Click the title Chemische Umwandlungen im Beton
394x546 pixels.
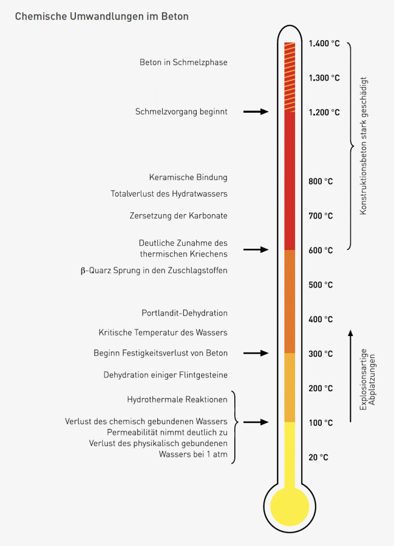click(x=102, y=16)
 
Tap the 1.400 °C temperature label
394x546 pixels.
click(x=324, y=44)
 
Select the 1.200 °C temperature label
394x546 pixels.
click(x=324, y=112)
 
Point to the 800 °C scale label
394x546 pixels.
click(x=321, y=181)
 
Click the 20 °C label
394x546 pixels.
click(x=318, y=457)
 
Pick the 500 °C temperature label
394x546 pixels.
click(x=321, y=285)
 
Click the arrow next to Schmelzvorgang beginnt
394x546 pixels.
click(x=256, y=112)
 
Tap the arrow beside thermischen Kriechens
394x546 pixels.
click(x=256, y=250)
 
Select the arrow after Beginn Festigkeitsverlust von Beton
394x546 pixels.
click(x=256, y=353)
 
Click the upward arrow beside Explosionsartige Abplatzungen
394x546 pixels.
click(x=350, y=376)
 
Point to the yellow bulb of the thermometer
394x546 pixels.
click(x=290, y=507)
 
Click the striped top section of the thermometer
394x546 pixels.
click(x=290, y=77)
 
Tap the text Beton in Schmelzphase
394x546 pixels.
click(x=183, y=62)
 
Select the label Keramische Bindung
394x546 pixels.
click(x=188, y=177)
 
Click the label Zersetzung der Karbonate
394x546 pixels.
click(x=178, y=215)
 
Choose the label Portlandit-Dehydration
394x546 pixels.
click(x=185, y=313)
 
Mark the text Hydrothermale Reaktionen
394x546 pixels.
click(x=177, y=399)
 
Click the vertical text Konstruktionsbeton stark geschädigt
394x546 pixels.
click(x=364, y=146)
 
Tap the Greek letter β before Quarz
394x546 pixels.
click(x=83, y=271)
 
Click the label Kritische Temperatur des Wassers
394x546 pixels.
click(x=163, y=332)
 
